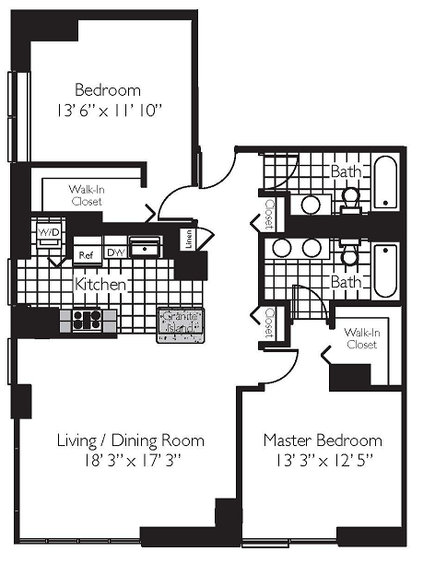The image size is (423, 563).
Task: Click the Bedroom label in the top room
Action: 107,90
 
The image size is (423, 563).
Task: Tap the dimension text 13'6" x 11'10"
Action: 107,111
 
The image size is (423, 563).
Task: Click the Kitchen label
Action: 100,284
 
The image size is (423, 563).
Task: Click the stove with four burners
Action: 88,320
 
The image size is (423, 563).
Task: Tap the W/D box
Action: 48,232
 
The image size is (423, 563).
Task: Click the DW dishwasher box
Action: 115,252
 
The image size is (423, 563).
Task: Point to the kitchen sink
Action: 145,248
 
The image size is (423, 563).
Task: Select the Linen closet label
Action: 188,240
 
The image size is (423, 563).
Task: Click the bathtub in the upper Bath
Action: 385,182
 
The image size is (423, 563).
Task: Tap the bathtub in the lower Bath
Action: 385,268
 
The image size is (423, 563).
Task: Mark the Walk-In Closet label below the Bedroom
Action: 85,194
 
